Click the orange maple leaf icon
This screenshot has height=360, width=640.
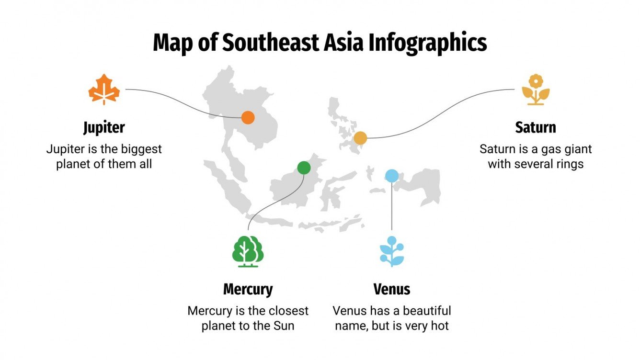tap(104, 90)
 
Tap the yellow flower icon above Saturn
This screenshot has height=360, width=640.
tap(536, 90)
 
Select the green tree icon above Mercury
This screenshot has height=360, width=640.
tap(248, 251)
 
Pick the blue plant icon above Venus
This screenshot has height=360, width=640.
tap(392, 252)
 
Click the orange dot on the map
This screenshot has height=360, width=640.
tap(248, 117)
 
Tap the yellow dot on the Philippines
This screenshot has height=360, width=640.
tap(360, 138)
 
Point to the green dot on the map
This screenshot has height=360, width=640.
tap(304, 168)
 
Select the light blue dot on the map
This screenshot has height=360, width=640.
tap(392, 176)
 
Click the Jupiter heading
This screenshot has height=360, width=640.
tap(104, 127)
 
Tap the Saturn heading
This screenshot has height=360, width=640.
tap(536, 127)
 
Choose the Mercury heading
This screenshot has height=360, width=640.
tap(248, 289)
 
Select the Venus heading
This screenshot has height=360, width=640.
tap(392, 289)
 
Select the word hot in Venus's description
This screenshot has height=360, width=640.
tap(440, 326)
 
